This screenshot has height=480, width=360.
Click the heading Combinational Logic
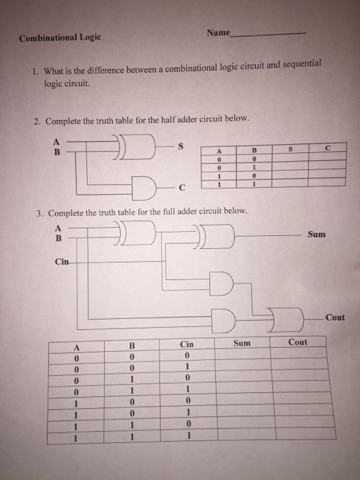[60, 39]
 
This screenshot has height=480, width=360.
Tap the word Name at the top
[218, 34]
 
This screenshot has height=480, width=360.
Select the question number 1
[36, 71]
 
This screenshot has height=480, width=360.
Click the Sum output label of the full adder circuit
[316, 235]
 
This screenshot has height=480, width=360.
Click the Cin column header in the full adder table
[186, 344]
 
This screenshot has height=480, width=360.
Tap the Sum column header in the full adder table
[242, 343]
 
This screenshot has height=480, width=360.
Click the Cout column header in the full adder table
[298, 342]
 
